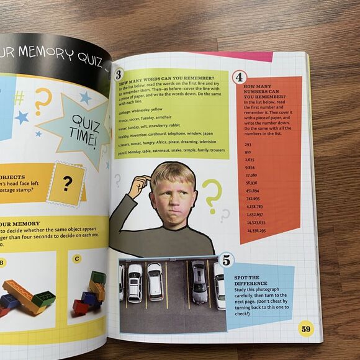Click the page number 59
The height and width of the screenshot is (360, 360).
click(305, 328)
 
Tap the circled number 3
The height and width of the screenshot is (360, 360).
click(119, 74)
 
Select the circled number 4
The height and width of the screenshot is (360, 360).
click(239, 78)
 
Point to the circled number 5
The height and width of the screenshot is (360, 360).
click(226, 261)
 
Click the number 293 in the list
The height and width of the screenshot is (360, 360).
click(248, 143)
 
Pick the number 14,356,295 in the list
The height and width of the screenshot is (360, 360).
click(256, 230)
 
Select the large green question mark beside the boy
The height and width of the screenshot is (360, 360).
click(211, 194)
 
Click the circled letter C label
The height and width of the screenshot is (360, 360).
click(76, 258)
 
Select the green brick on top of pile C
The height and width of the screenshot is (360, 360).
click(97, 277)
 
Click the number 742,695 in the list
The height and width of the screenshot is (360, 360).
click(253, 198)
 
